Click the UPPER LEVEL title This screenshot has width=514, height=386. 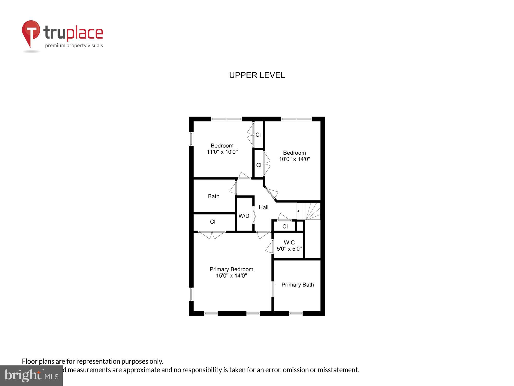pyautogui.click(x=257, y=75)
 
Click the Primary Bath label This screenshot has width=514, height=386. pyautogui.click(x=297, y=285)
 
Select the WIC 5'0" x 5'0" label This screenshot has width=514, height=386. pyautogui.click(x=289, y=246)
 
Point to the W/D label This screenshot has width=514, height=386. pyautogui.click(x=244, y=216)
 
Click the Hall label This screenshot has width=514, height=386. pyautogui.click(x=263, y=207)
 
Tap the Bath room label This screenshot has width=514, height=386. pyautogui.click(x=214, y=196)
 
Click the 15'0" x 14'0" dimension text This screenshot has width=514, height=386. pyautogui.click(x=231, y=276)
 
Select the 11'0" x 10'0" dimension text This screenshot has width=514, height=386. pyautogui.click(x=222, y=152)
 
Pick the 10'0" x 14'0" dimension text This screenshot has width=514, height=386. pyautogui.click(x=295, y=159)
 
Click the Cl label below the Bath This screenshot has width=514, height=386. pyautogui.click(x=213, y=222)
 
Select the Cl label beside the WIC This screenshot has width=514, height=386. pyautogui.click(x=285, y=226)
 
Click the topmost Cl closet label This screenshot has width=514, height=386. pyautogui.click(x=258, y=135)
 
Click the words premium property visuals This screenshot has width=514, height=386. pyautogui.click(x=74, y=46)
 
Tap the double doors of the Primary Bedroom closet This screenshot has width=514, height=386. pyautogui.click(x=212, y=235)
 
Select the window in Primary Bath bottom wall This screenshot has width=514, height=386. pyautogui.click(x=296, y=313)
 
